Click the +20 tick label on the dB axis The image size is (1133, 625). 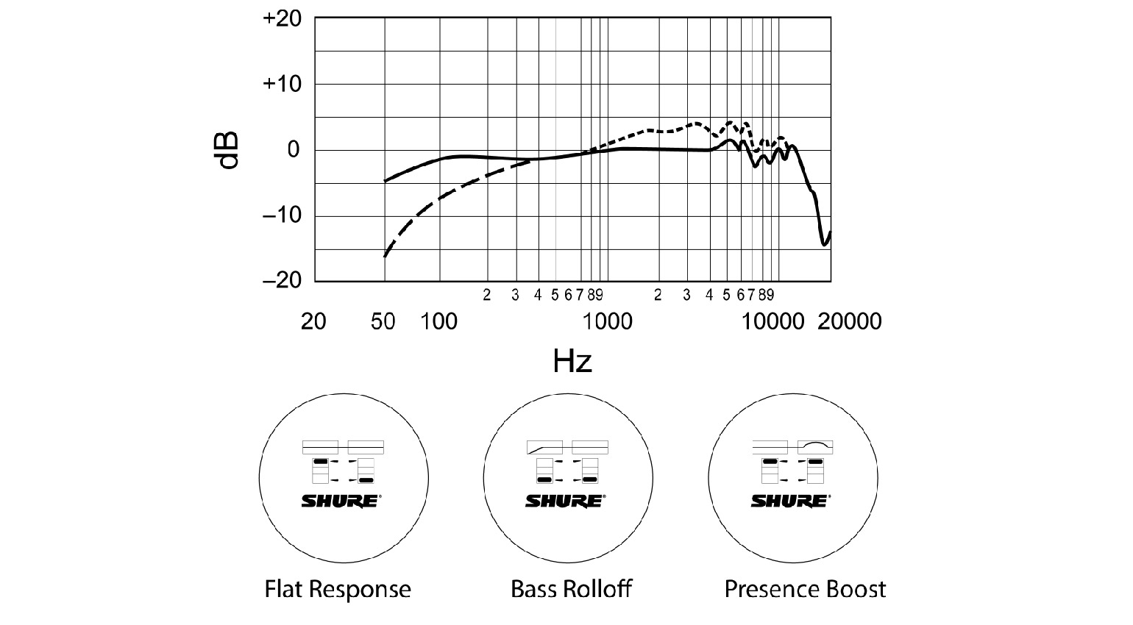[x=283, y=18]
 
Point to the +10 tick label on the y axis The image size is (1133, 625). [x=283, y=84]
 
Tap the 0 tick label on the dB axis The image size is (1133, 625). [x=294, y=150]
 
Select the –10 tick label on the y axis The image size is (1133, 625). [x=283, y=215]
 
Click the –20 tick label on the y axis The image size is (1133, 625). [x=283, y=280]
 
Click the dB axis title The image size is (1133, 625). [x=229, y=151]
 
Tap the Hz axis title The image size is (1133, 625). [x=572, y=361]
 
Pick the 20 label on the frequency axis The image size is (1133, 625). [x=313, y=321]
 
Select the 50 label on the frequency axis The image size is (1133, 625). [x=383, y=321]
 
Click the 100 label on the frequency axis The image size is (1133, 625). [x=439, y=321]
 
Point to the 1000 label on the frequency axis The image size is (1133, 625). [x=608, y=321]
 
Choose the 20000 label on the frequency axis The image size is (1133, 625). [x=850, y=321]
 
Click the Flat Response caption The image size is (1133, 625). [x=338, y=589]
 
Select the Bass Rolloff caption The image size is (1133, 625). [x=571, y=589]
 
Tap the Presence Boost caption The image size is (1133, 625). [x=806, y=589]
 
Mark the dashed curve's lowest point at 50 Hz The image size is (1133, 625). [x=385, y=257]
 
